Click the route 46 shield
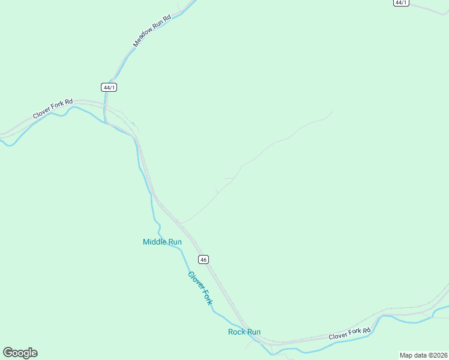tap(203, 259)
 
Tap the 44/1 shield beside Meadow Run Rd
tap(109, 87)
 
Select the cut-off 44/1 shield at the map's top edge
tap(401, 2)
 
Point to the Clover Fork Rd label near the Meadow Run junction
tap(52, 109)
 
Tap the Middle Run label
tap(162, 242)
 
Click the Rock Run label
tap(244, 332)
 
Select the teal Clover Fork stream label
tap(200, 288)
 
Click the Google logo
tap(20, 353)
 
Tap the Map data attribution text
tap(424, 355)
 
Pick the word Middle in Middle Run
tap(154, 242)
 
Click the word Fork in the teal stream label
tap(205, 295)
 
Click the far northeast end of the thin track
tap(333, 111)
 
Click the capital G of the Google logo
tap(8, 353)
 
